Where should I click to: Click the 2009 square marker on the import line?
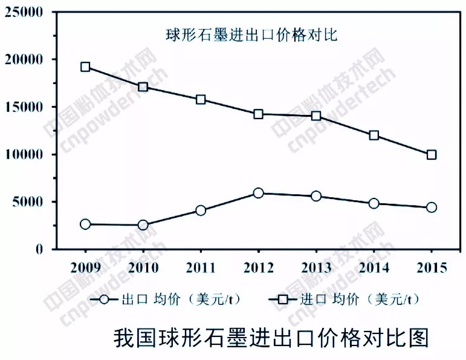point(86,67)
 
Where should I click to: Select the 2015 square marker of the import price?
point(431,155)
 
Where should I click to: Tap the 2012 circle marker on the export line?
point(258,193)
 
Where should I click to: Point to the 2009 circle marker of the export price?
point(86,224)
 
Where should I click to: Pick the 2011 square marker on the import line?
point(201,99)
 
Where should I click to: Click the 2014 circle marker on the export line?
point(374,203)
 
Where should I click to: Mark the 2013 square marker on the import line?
point(316,116)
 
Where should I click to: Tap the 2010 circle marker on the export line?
point(143,225)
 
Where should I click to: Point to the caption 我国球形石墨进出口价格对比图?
point(271,336)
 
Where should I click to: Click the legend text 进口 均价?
point(327,299)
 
